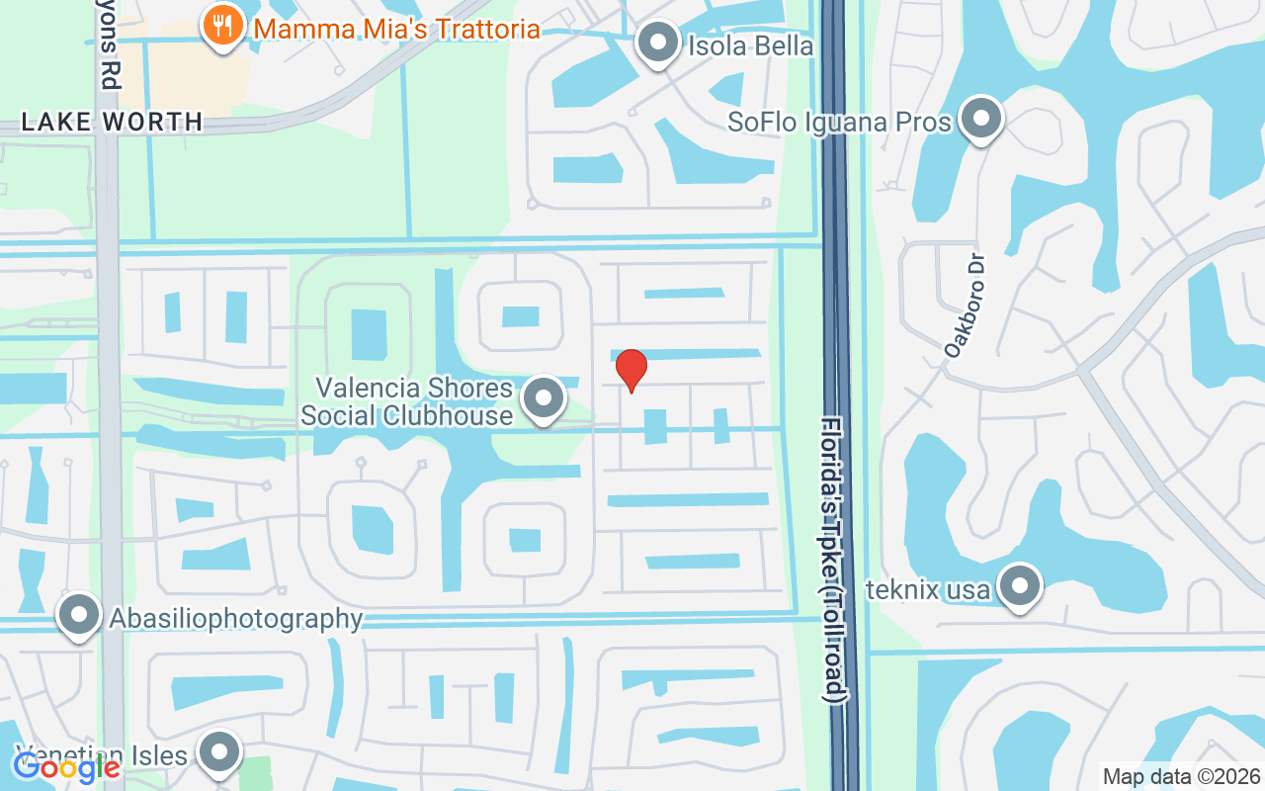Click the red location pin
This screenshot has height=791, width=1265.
[632, 370]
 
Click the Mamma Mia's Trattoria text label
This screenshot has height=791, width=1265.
[396, 28]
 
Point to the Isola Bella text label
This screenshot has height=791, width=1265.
[750, 45]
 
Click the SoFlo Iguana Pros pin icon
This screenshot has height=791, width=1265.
[980, 120]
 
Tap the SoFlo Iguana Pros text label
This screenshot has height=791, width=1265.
[839, 122]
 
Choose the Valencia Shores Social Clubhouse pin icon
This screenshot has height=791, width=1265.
[542, 399]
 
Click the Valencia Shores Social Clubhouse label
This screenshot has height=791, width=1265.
[406, 400]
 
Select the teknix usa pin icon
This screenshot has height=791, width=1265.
[1020, 587]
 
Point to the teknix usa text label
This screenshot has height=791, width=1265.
[927, 590]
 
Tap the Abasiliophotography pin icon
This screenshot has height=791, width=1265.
[79, 616]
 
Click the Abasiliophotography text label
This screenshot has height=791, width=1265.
[236, 619]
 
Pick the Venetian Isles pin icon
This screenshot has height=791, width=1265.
[219, 753]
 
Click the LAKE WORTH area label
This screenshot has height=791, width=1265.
[112, 123]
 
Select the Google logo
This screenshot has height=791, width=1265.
[66, 766]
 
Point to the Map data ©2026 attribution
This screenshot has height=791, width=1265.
[1181, 776]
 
